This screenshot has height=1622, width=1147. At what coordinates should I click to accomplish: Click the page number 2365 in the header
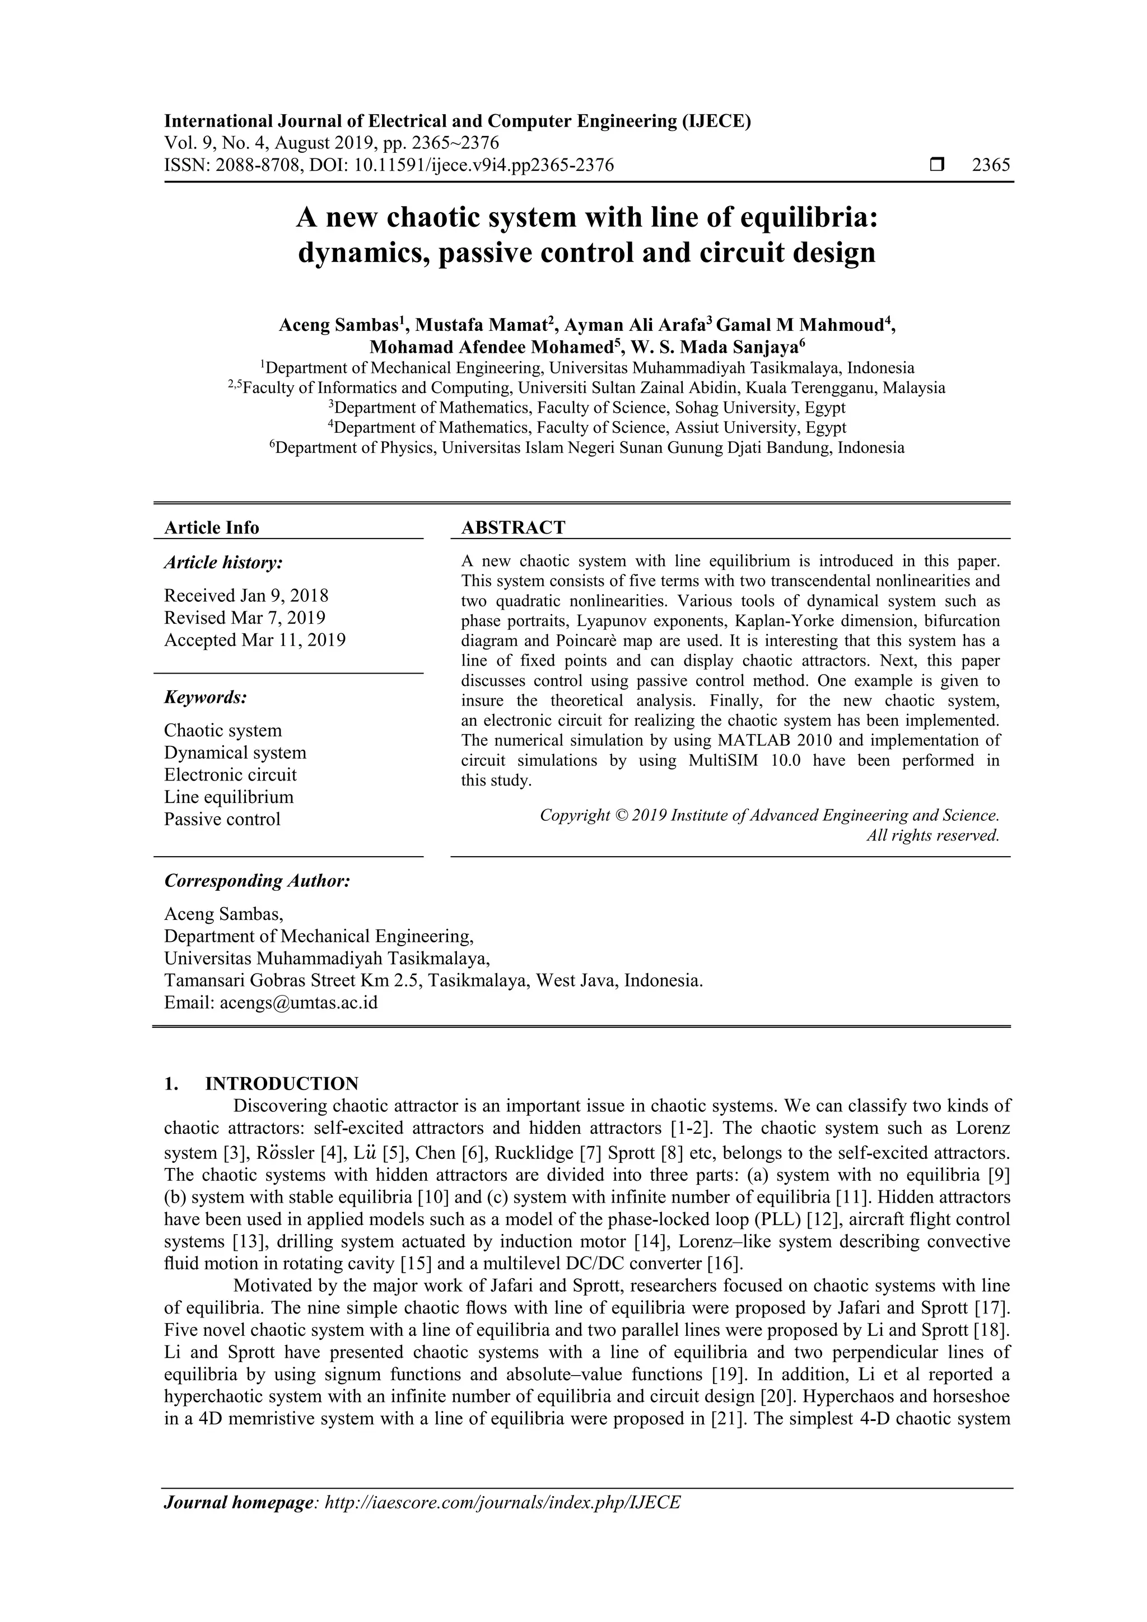pyautogui.click(x=991, y=165)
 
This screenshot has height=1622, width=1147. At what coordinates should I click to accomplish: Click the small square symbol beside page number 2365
pyautogui.click(x=937, y=165)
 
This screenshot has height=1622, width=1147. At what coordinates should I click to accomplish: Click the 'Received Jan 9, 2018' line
pyautogui.click(x=246, y=596)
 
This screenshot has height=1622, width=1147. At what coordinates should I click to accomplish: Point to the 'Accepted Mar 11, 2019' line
pyautogui.click(x=254, y=640)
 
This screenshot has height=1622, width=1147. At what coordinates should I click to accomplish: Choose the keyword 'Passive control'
pyautogui.click(x=222, y=820)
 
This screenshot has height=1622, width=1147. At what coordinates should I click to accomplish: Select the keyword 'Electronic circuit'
pyautogui.click(x=230, y=775)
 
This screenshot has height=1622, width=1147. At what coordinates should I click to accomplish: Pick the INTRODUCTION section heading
pyautogui.click(x=281, y=1084)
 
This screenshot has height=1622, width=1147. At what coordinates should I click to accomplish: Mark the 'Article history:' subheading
pyautogui.click(x=223, y=563)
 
